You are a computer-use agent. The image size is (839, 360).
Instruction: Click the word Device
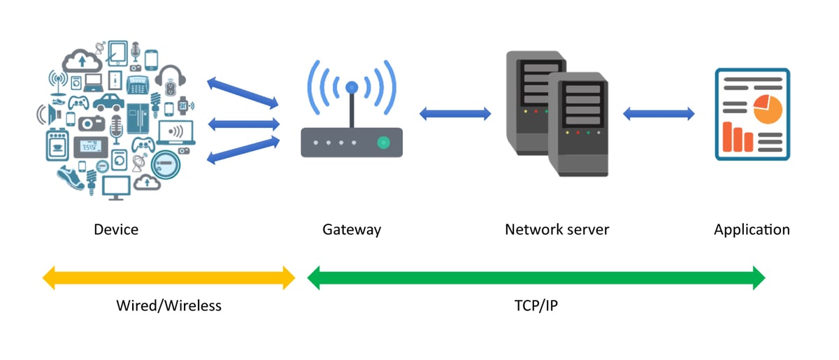coord(116,229)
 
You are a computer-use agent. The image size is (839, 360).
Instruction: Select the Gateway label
coord(352,229)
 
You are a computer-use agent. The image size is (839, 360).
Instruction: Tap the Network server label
coord(557,229)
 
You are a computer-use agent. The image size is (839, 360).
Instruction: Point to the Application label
coord(752,229)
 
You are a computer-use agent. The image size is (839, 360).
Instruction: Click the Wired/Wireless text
coord(168,305)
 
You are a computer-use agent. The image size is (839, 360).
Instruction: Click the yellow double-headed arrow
coord(168,278)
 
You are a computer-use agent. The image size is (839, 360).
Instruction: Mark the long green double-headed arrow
coord(536,278)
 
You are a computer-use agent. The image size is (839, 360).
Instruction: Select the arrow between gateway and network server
coord(454,114)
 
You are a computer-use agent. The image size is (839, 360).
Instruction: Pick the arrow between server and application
coord(659,113)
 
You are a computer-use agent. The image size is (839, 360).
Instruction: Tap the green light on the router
coord(382,143)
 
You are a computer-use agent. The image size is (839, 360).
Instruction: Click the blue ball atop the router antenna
coord(352,87)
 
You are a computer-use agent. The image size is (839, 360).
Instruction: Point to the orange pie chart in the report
coord(767,109)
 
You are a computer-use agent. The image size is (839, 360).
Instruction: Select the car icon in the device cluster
coord(108,103)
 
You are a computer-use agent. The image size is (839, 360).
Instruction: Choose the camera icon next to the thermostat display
coord(91,124)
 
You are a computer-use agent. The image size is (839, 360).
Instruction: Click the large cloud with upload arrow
coord(83,61)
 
